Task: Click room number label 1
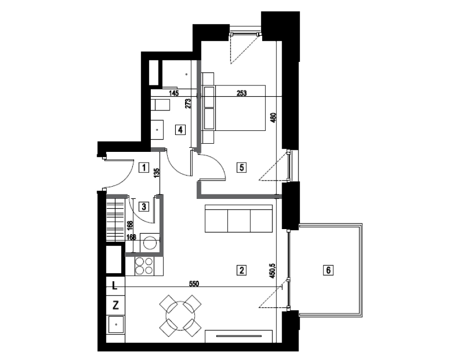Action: pos(144,168)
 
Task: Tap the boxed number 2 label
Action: pos(241,269)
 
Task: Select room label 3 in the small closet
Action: pos(144,207)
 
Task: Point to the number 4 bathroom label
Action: pos(180,129)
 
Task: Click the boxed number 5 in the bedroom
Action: pos(241,168)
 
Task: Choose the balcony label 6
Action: pos(328,269)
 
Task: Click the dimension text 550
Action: pos(194,284)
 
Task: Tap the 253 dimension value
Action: pos(241,93)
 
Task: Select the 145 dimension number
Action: pos(174,93)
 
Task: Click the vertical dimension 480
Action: pos(273,118)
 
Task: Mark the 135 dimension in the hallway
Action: pos(156,172)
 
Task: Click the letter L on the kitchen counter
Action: pos(114,285)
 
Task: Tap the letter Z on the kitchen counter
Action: pos(116,305)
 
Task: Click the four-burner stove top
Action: pos(144,266)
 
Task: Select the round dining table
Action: pos(180,316)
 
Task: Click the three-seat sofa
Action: pos(239,218)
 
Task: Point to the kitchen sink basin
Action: pos(116,324)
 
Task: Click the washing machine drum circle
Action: pos(150,243)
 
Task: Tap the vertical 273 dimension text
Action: pos(188,104)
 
